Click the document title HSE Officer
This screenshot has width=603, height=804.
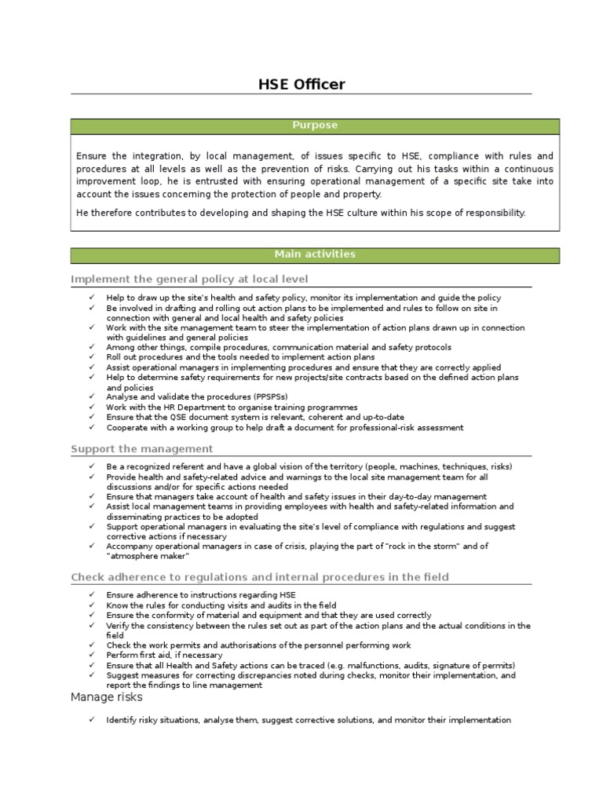(x=301, y=84)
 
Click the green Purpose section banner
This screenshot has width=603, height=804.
(x=315, y=126)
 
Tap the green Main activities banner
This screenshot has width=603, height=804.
(x=315, y=254)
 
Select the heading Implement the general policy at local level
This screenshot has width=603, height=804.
(x=189, y=280)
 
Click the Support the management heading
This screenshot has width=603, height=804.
(x=141, y=449)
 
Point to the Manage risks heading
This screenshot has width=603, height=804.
(x=106, y=696)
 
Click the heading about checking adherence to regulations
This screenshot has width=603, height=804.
(x=260, y=577)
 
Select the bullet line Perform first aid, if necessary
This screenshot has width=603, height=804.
(x=164, y=655)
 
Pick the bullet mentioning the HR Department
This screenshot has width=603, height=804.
(x=232, y=407)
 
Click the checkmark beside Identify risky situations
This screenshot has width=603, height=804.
(x=91, y=720)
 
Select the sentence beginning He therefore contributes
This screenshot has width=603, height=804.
(x=301, y=213)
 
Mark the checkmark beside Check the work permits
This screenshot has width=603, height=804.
(x=91, y=645)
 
